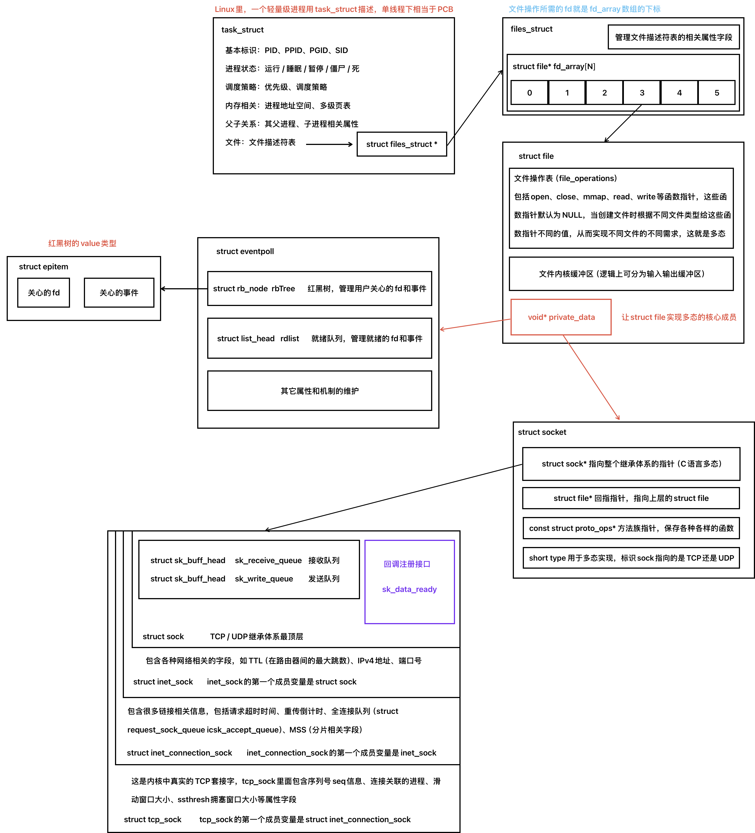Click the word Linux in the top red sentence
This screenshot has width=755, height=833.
point(224,9)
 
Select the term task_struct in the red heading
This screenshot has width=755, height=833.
point(336,9)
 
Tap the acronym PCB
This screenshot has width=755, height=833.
point(445,9)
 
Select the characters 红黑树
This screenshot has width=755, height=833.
point(59,243)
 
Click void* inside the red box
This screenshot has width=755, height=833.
point(537,317)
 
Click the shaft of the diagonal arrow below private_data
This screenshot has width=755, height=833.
point(591,377)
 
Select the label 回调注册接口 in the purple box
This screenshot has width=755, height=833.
point(407,564)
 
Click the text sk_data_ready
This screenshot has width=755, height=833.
point(409,589)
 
